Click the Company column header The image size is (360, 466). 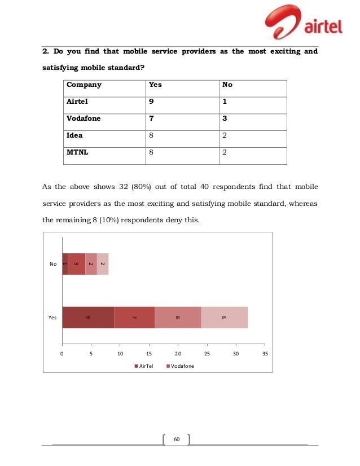(x=84, y=85)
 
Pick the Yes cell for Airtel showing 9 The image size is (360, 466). (x=150, y=102)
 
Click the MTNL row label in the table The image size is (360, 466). (x=78, y=152)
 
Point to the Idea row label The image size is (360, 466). (x=75, y=135)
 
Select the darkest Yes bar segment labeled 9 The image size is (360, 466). (x=88, y=317)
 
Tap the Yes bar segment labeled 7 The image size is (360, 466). (x=134, y=317)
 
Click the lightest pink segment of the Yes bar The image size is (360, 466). (x=225, y=317)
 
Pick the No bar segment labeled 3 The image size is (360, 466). (x=76, y=264)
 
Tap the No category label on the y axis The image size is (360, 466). (x=53, y=264)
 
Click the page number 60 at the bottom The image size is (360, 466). (x=176, y=439)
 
